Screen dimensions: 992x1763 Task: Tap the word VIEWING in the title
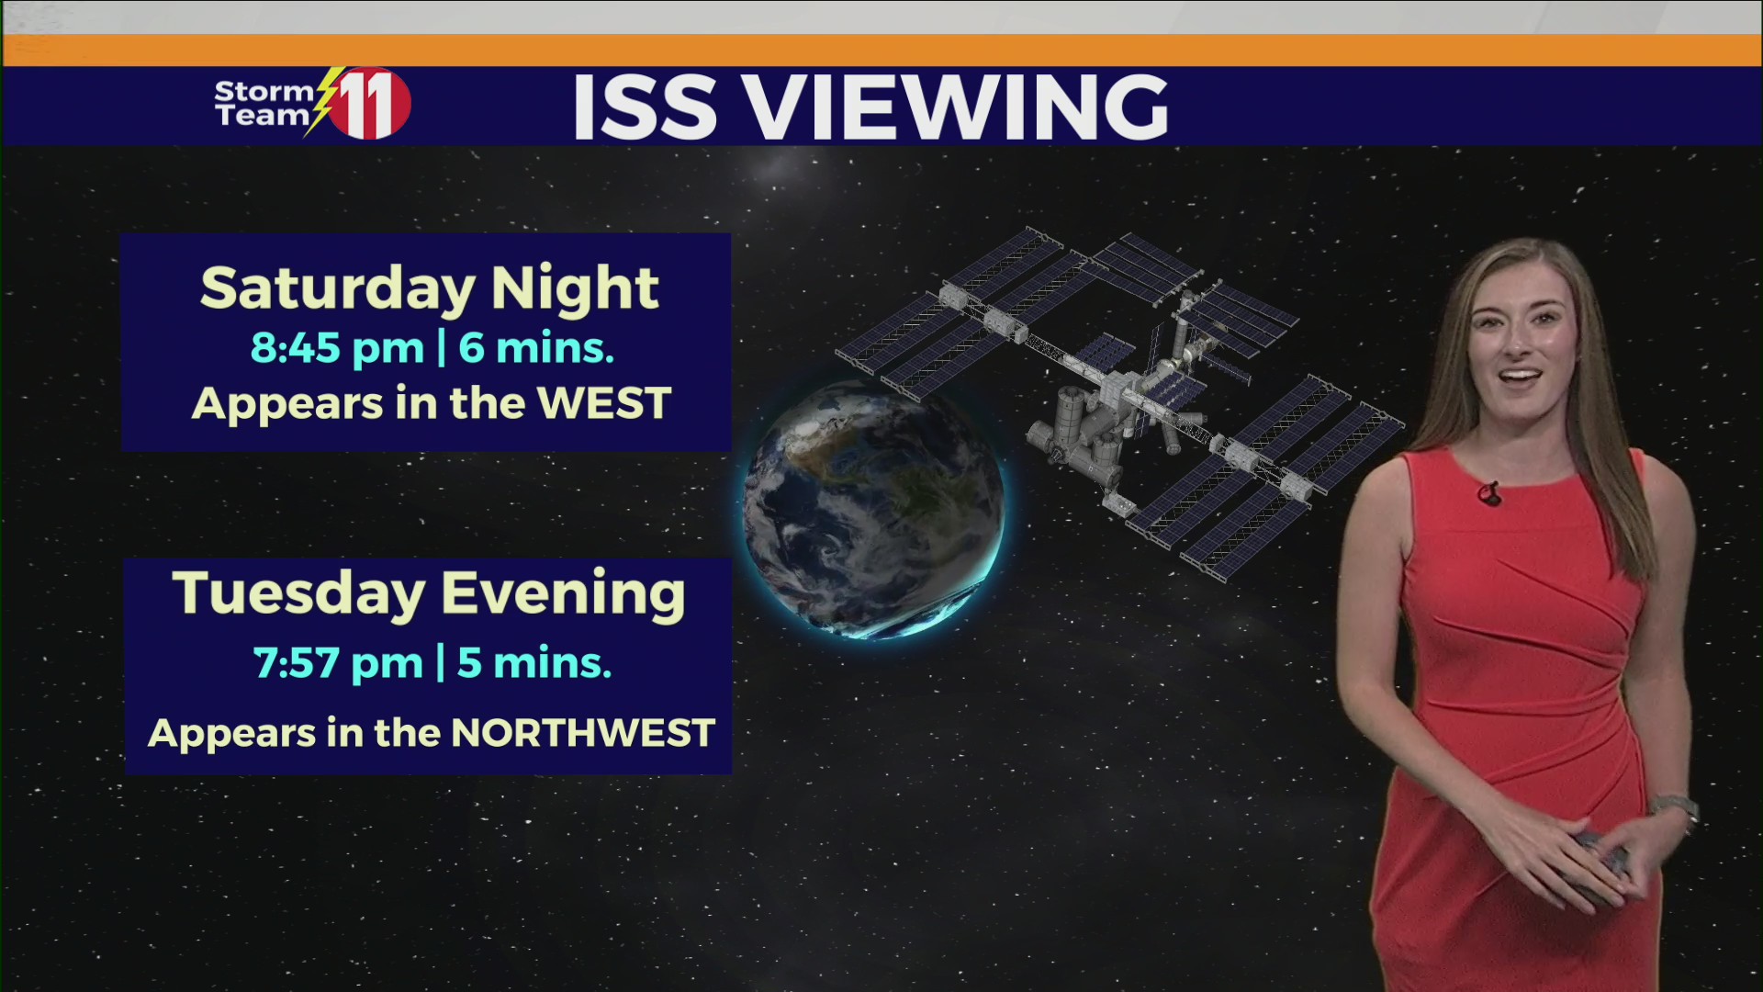pyautogui.click(x=956, y=107)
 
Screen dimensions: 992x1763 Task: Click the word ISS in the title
pyautogui.click(x=644, y=107)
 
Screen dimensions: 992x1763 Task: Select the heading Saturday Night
pyautogui.click(x=429, y=288)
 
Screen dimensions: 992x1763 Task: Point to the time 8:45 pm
pyautogui.click(x=337, y=348)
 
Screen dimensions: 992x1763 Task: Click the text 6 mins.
pyautogui.click(x=536, y=348)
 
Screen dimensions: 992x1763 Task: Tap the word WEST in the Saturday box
pyautogui.click(x=604, y=404)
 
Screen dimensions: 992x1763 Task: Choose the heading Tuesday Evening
pyautogui.click(x=429, y=593)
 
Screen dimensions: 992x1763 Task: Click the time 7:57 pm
pyautogui.click(x=338, y=663)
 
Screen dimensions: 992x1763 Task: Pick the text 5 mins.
pyautogui.click(x=534, y=663)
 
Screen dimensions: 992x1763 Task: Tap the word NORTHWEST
pyautogui.click(x=583, y=734)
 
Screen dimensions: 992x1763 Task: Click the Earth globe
pyautogui.click(x=872, y=511)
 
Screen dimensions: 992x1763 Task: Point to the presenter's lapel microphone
pyautogui.click(x=1488, y=494)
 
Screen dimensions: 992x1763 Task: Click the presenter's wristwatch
pyautogui.click(x=1675, y=808)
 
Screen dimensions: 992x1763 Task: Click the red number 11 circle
pyautogui.click(x=371, y=104)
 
